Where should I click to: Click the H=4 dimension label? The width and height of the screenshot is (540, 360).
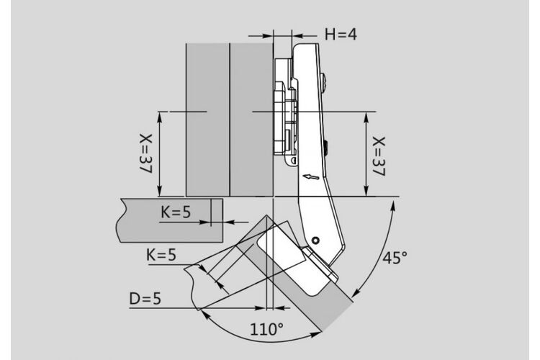(341, 34)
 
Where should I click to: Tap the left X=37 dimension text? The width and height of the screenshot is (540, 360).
(146, 153)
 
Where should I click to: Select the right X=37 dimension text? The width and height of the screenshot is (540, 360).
(379, 156)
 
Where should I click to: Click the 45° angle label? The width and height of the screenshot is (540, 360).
(395, 258)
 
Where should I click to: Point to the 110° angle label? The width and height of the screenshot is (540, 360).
(266, 329)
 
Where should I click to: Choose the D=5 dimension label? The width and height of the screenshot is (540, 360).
(145, 299)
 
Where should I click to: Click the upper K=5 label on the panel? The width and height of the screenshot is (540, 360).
(176, 212)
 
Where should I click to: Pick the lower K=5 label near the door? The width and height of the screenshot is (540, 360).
(161, 256)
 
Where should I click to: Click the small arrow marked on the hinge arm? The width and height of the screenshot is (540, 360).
(311, 177)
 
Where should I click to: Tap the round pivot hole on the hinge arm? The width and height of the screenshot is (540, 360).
(315, 240)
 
